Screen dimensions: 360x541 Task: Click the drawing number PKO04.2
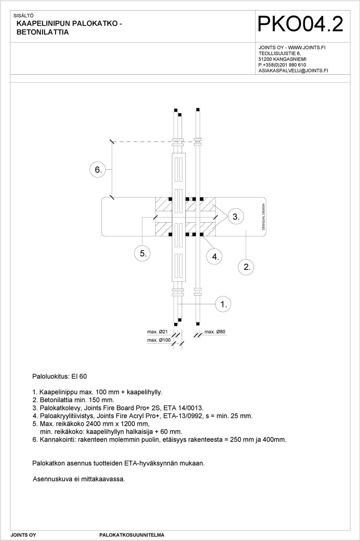[x=300, y=24]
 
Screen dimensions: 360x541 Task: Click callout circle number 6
[x=98, y=170]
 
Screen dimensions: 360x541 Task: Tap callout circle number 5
[x=142, y=253]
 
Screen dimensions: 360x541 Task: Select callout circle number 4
[x=215, y=257]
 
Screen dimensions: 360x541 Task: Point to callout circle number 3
[x=236, y=216]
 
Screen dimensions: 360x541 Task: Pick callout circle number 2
[x=246, y=267]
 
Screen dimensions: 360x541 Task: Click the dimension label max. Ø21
[x=157, y=332]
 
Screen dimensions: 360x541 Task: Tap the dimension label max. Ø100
[x=159, y=340]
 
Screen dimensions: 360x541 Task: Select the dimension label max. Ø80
[x=215, y=332]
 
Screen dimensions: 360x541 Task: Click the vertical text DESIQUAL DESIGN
[x=263, y=216]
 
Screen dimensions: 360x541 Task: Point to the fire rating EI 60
[x=79, y=376]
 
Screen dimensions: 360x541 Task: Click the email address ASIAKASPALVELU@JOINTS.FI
[x=293, y=71]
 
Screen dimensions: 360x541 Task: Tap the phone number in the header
[x=282, y=65]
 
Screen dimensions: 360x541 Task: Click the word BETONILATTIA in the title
[x=42, y=32]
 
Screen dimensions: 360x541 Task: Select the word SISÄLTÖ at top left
[x=23, y=16]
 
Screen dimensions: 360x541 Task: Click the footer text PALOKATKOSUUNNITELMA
[x=132, y=535]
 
